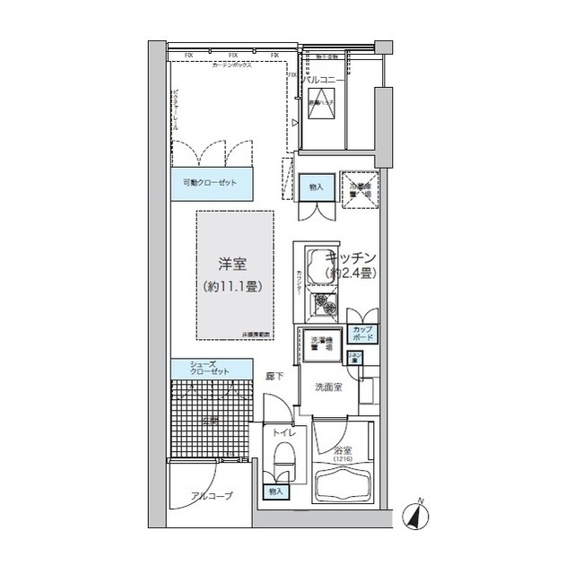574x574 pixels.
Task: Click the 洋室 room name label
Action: pos(232,265)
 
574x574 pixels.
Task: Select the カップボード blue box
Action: pos(363,335)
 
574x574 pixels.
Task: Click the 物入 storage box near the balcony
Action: pos(316,187)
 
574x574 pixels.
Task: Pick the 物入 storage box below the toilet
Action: pos(274,491)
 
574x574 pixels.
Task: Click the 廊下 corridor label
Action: pos(274,377)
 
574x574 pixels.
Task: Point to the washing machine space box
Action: pos(321,343)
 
